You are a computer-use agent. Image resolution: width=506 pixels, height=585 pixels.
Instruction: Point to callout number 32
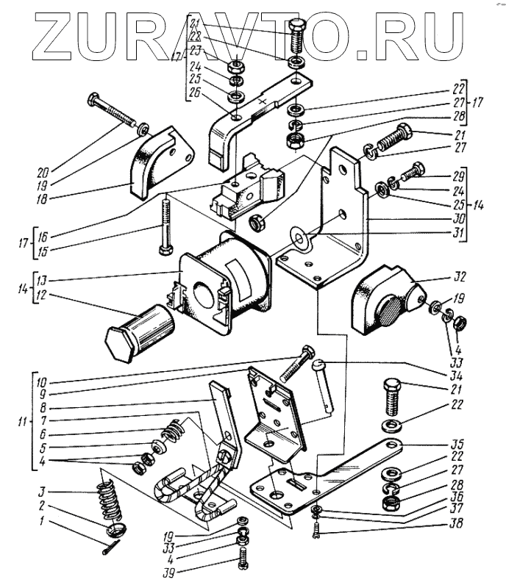click(459, 279)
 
